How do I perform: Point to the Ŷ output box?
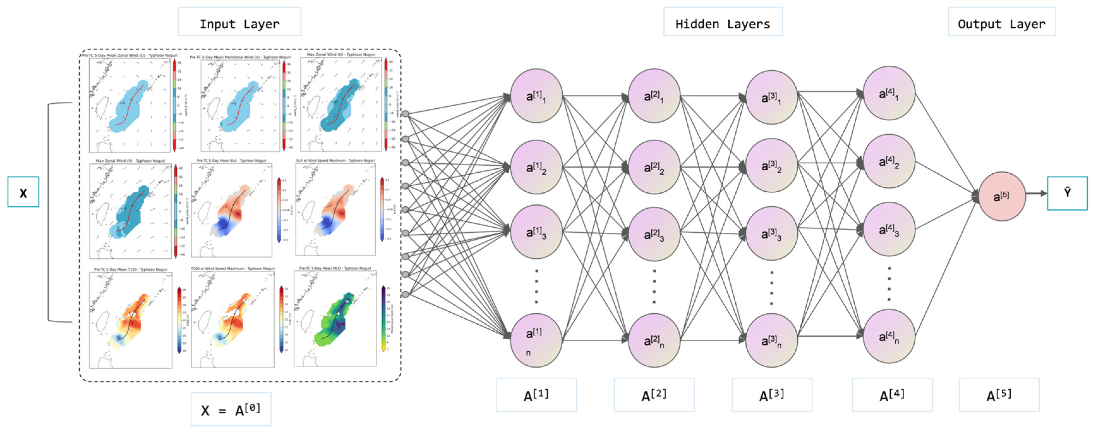tap(1067, 193)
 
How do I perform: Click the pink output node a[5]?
tap(1002, 196)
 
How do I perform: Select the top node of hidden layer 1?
tap(536, 96)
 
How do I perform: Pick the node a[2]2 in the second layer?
tap(654, 167)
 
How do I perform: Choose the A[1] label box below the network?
tap(536, 395)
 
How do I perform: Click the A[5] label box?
tap(999, 395)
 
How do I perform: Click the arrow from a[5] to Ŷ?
tap(1036, 194)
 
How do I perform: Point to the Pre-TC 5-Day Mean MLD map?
tap(335, 319)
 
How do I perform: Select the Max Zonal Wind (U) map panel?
tap(341, 105)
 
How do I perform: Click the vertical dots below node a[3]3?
tap(771, 288)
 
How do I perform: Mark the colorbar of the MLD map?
tap(384, 319)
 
